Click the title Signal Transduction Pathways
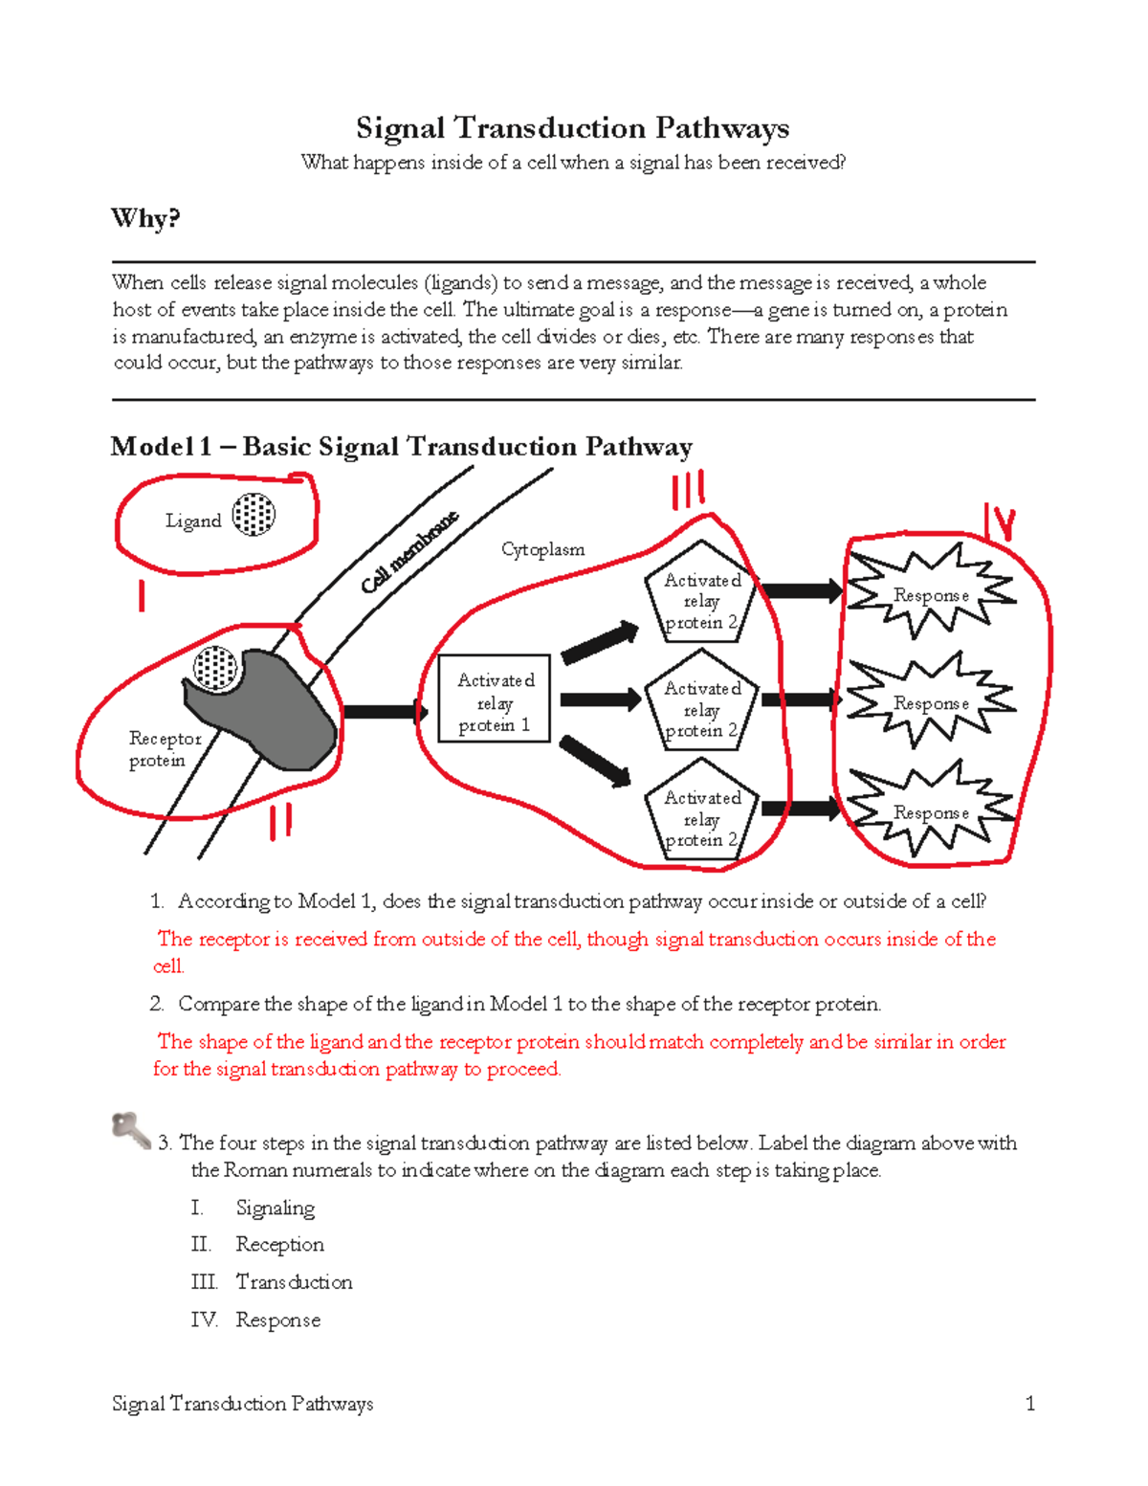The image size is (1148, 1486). [x=572, y=128]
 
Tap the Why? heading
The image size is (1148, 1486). [x=145, y=218]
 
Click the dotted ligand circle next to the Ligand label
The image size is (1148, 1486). [x=254, y=515]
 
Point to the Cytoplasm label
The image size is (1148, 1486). [x=542, y=549]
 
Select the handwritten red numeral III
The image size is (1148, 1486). [x=688, y=490]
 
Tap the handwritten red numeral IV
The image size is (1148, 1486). [x=999, y=522]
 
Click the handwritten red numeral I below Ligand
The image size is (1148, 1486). [x=142, y=595]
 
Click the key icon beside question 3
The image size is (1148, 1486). [x=130, y=1130]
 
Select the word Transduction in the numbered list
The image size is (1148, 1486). [x=294, y=1281]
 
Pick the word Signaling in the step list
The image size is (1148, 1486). [x=275, y=1208]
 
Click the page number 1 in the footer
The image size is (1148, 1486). [x=1029, y=1403]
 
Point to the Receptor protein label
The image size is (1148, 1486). [x=165, y=749]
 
